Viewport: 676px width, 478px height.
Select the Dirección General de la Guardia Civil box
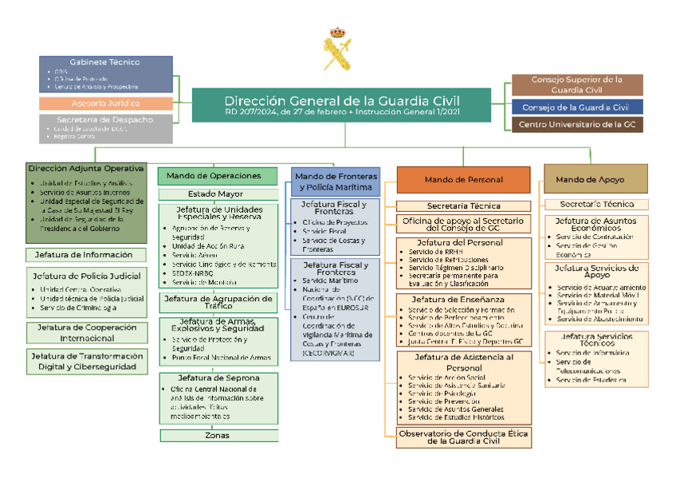(x=342, y=106)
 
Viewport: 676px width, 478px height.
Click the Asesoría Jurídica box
(x=105, y=104)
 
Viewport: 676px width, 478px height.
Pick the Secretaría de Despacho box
(x=105, y=128)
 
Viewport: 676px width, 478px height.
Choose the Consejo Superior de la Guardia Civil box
(x=576, y=84)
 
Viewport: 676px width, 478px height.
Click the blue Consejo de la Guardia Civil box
(x=576, y=107)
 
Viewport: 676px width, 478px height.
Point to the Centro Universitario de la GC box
(x=576, y=124)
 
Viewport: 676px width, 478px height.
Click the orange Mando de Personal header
(x=463, y=180)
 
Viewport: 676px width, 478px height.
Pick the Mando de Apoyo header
(x=595, y=179)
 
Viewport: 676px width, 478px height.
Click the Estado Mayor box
(x=218, y=194)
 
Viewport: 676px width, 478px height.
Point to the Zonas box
(x=218, y=435)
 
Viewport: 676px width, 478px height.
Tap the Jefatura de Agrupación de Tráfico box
(x=218, y=302)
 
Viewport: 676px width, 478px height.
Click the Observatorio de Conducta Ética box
(x=463, y=437)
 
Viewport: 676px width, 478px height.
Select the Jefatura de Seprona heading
(x=218, y=378)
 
